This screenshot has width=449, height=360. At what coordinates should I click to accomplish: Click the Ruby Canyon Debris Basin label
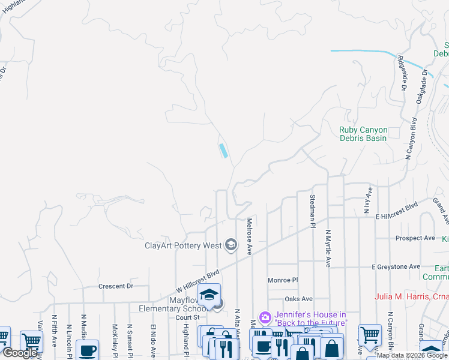363,134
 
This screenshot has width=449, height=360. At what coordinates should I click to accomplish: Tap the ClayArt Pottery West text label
183,245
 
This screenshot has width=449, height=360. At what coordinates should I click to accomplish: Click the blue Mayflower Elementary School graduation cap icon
209,295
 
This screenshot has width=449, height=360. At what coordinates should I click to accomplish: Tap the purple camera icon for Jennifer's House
265,317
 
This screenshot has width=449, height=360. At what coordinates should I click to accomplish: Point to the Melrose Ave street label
249,236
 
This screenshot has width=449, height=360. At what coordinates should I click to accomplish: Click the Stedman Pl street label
313,211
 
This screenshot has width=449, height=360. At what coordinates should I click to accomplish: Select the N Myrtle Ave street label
328,248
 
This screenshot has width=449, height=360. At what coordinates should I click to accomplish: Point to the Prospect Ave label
415,238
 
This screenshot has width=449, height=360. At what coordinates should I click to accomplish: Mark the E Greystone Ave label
396,266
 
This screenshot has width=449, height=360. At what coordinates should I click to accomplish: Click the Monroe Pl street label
283,280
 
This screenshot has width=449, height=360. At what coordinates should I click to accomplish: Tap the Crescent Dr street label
116,287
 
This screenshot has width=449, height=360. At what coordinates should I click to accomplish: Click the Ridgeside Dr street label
402,74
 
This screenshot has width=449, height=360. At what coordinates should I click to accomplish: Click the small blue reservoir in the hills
223,151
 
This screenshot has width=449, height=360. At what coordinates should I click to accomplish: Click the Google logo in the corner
20,353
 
